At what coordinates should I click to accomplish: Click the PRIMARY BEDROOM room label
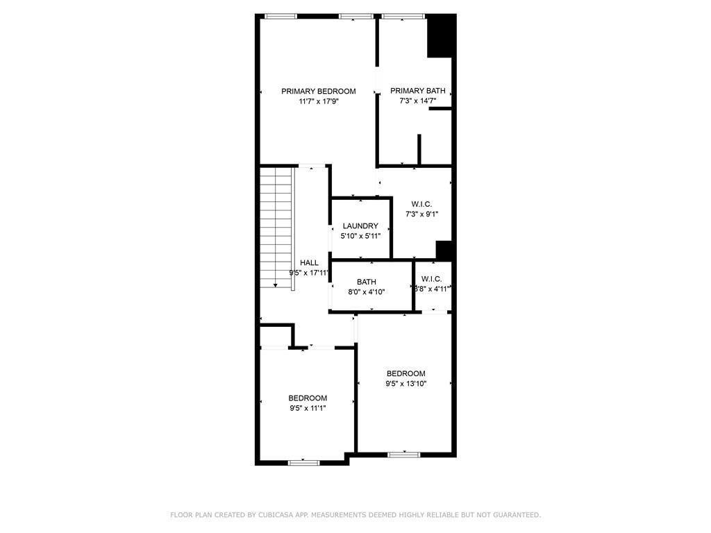(318, 91)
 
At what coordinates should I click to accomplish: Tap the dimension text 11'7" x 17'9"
(318, 101)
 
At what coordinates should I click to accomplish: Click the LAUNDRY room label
(360, 226)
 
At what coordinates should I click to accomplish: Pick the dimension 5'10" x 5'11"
(360, 237)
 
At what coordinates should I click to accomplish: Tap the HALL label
(309, 262)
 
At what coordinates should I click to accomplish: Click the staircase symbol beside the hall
(276, 229)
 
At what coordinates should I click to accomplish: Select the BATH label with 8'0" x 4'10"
(367, 282)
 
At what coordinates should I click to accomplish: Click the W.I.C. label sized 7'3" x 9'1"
(421, 204)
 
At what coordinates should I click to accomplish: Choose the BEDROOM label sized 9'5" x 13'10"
(406, 373)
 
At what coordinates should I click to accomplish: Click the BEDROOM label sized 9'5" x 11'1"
(308, 398)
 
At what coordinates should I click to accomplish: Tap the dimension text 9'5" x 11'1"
(308, 408)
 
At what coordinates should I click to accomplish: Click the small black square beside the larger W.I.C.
(444, 250)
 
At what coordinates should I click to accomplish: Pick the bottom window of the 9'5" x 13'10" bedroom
(403, 455)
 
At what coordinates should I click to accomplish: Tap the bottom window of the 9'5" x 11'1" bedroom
(304, 462)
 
